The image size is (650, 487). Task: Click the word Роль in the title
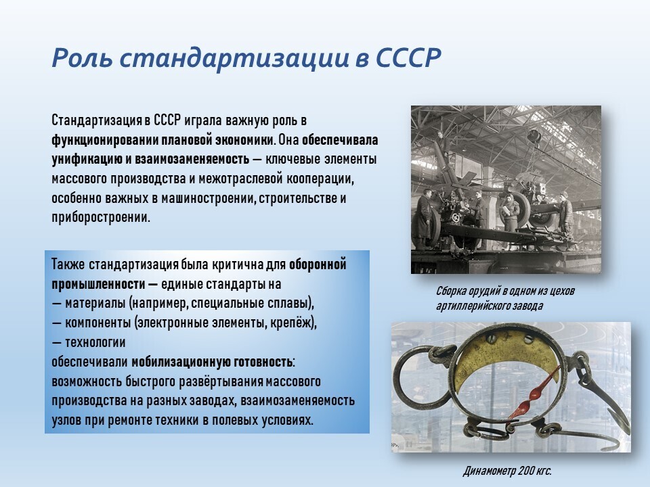(82, 57)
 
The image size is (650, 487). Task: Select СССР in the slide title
(408, 57)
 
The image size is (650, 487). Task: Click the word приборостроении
(100, 218)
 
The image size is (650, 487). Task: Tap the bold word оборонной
(318, 264)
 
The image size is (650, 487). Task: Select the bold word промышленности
(98, 284)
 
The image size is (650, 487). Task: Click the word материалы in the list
(95, 303)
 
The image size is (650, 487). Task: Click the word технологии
(95, 342)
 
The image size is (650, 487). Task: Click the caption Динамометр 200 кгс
(507, 471)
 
